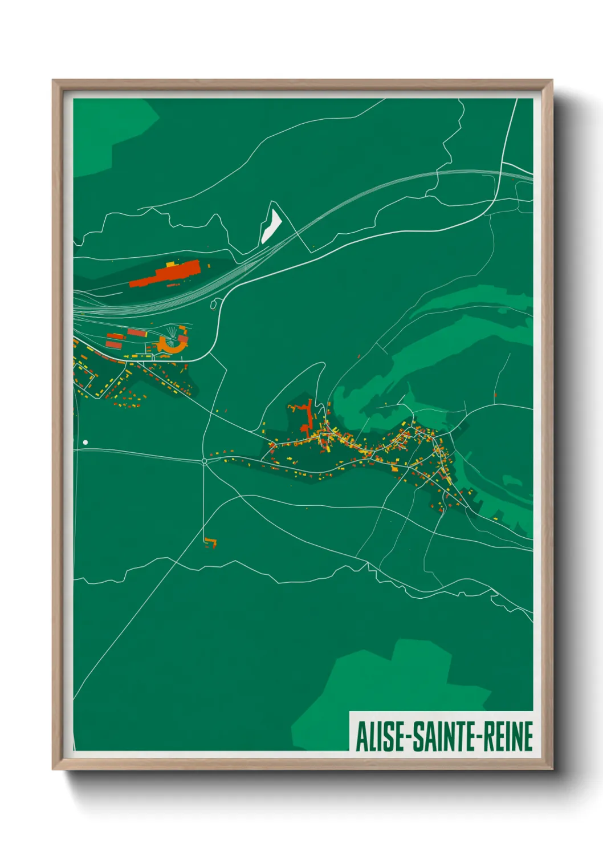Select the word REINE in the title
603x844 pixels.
[x=508, y=736]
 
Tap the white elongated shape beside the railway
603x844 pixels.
[x=271, y=226]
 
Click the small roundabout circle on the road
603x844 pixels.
[x=204, y=461]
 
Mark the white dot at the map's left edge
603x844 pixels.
[x=85, y=442]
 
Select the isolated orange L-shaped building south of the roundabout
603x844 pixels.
[x=211, y=542]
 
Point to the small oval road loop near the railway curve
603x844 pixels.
[x=214, y=305]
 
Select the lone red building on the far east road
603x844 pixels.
[x=495, y=395]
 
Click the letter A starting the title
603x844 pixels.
[x=361, y=736]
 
